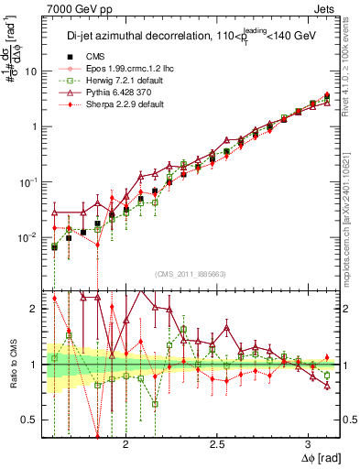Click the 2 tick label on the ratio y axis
pyautogui.click(x=35, y=309)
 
